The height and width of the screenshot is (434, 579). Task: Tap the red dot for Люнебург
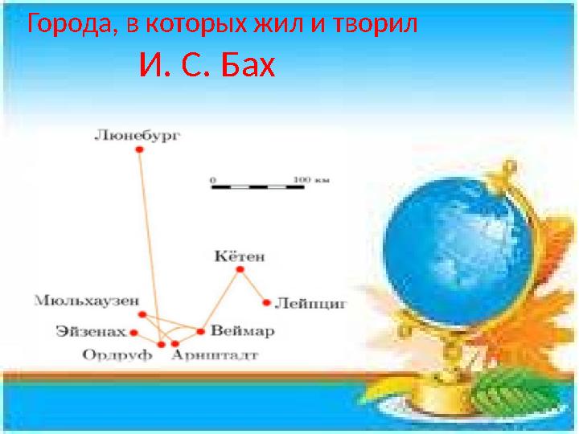tap(138, 149)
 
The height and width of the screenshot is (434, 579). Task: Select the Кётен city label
tap(240, 257)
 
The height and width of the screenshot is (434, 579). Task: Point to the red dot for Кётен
tap(239, 270)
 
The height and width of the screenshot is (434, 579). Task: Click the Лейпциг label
tap(310, 304)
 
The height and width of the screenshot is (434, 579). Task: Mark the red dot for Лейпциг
tap(266, 303)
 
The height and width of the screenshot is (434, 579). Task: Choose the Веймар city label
tap(242, 330)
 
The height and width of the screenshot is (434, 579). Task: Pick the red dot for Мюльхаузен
tap(142, 314)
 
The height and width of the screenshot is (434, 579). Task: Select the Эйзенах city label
tap(91, 330)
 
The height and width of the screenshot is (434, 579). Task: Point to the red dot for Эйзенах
tap(133, 332)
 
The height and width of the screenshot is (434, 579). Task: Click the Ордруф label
tap(117, 355)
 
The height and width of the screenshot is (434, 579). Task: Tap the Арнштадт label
tap(214, 355)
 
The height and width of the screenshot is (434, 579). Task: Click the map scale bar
tap(257, 186)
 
